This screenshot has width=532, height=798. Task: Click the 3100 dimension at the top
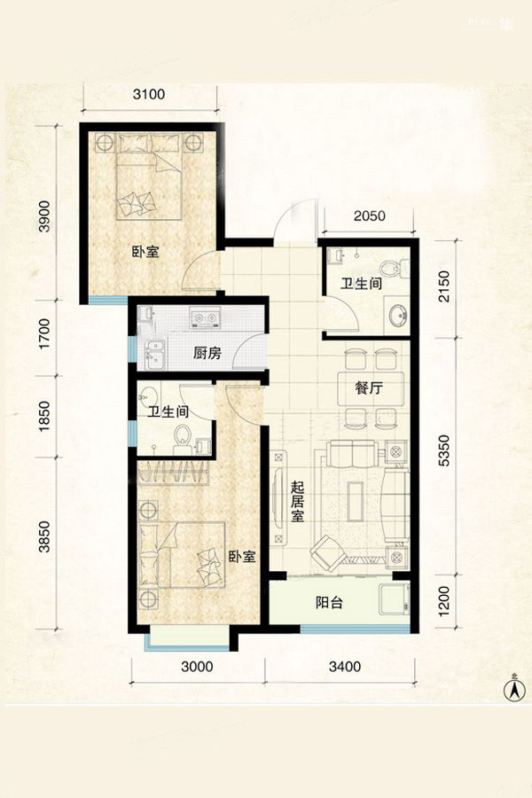click(149, 94)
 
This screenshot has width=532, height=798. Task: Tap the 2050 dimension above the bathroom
click(370, 215)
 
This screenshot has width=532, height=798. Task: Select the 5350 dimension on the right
click(444, 450)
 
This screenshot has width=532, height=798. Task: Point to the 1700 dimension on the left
click(45, 333)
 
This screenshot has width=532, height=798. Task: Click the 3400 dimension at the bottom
click(345, 666)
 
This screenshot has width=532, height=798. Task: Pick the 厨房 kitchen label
click(207, 353)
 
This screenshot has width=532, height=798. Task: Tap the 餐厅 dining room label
click(369, 388)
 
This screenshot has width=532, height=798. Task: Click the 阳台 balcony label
click(329, 603)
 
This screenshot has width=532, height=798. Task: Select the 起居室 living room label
click(297, 503)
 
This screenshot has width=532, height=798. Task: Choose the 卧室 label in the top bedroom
click(145, 252)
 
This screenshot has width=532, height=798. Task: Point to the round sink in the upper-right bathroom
click(397, 316)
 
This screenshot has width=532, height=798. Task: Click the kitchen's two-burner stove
click(205, 317)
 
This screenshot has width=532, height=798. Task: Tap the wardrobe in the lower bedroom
click(174, 472)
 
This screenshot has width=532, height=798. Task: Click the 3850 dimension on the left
click(45, 536)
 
